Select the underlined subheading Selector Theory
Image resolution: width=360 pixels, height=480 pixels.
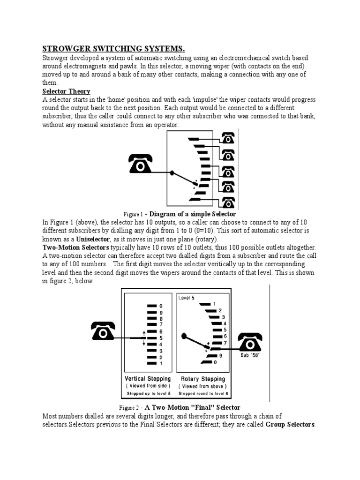coord(66,91)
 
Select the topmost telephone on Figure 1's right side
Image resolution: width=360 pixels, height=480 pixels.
coord(228,138)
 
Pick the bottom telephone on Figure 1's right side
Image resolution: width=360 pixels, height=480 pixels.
coord(228,202)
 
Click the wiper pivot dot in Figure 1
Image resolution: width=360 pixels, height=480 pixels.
coord(172,173)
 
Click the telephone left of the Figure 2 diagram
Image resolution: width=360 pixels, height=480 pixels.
coord(105,331)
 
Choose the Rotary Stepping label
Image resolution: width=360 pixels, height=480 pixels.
coord(202,379)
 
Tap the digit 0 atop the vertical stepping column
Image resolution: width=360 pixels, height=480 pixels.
coord(161,306)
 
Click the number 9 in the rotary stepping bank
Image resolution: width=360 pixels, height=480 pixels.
coord(220,356)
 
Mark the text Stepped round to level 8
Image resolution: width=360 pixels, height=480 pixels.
coord(202,393)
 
